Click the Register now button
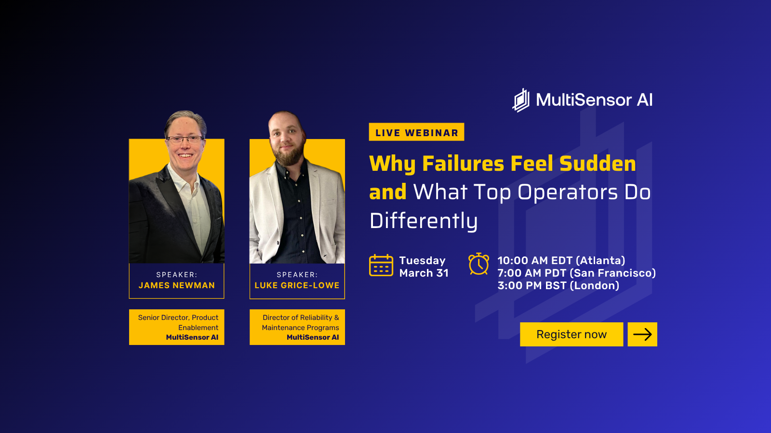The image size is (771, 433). pos(572,334)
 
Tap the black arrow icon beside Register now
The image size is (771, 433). pos(642,334)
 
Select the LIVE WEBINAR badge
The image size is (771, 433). pos(416,132)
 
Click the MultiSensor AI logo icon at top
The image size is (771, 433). pos(521,100)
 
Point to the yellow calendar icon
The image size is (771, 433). pos(381,265)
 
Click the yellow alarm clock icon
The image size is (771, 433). pos(479,264)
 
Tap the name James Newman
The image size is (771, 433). pos(176,285)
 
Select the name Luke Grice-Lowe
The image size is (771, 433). pos(297,285)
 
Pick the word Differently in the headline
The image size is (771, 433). pos(424,221)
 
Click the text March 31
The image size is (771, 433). pos(424,273)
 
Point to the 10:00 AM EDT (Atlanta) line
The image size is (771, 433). pos(561,260)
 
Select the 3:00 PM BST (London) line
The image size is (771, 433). pos(558,286)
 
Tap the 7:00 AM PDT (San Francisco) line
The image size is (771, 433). pos(577,273)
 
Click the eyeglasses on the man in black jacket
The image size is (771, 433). pos(185,139)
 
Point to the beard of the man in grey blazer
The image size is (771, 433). pos(290,154)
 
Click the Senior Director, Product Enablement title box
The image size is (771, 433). pos(176,327)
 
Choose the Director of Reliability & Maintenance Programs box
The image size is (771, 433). pos(297,327)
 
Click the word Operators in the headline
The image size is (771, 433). pos(568,192)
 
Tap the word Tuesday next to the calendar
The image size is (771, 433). pos(422,260)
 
